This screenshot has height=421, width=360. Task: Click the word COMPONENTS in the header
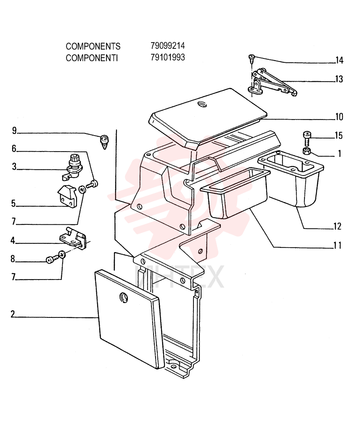pyautogui.click(x=93, y=46)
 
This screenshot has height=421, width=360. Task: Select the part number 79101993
pyautogui.click(x=168, y=57)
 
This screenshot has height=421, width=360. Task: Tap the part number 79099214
pyautogui.click(x=168, y=45)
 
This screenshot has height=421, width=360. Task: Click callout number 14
pyautogui.click(x=339, y=60)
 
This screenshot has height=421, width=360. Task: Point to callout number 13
pyautogui.click(x=339, y=79)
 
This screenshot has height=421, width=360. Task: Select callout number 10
pyautogui.click(x=339, y=117)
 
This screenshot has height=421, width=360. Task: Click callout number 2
pyautogui.click(x=13, y=314)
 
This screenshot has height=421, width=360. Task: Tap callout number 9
pyautogui.click(x=14, y=131)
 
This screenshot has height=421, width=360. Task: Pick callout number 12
pyautogui.click(x=337, y=226)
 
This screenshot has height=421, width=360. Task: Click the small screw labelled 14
pyautogui.click(x=251, y=59)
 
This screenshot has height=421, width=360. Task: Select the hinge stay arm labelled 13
pyautogui.click(x=272, y=82)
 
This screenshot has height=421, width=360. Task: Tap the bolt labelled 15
pyautogui.click(x=307, y=138)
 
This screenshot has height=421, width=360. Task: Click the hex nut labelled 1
pyautogui.click(x=307, y=151)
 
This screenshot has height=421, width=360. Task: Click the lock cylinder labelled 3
pyautogui.click(x=72, y=167)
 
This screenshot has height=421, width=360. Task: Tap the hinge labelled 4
pyautogui.click(x=73, y=238)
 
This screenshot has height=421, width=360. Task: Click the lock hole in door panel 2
pyautogui.click(x=124, y=297)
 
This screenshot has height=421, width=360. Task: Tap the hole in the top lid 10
pyautogui.click(x=202, y=104)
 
